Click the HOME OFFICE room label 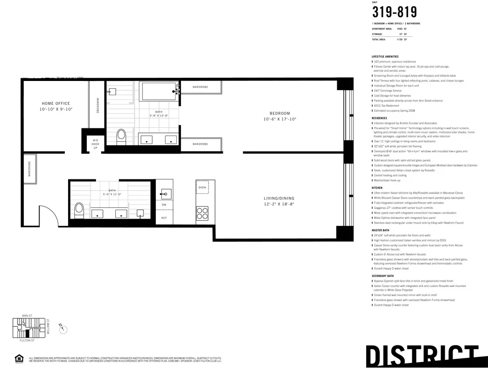(x=56, y=103)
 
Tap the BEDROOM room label (x=279, y=114)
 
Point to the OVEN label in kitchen (x=202, y=187)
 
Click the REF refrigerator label (x=164, y=218)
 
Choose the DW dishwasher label (x=164, y=204)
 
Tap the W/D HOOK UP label (x=96, y=144)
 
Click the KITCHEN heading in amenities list (x=377, y=188)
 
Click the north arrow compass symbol (x=63, y=328)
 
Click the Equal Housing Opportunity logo (x=19, y=358)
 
